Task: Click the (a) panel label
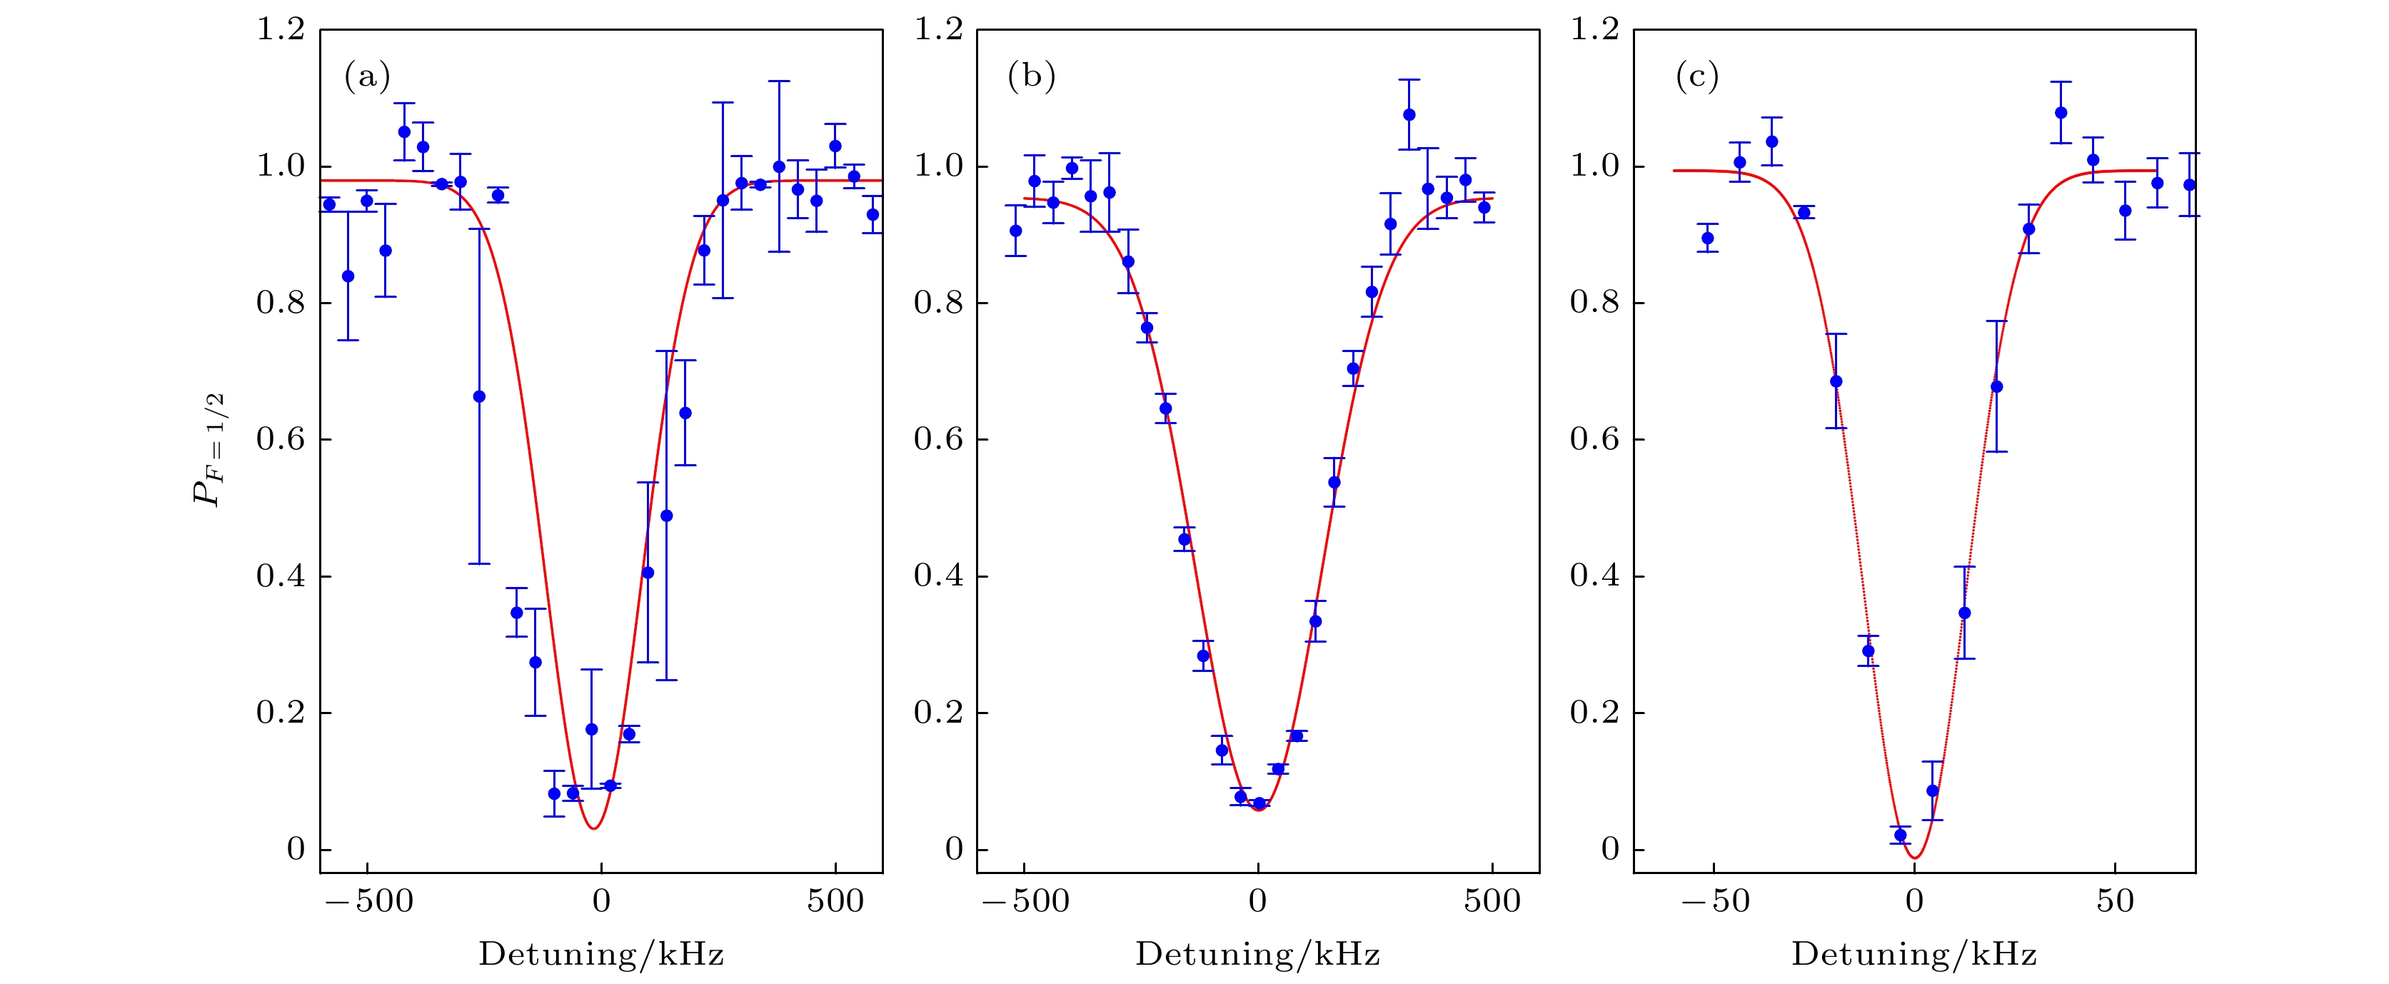pos(367,76)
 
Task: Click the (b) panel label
pos(1031,76)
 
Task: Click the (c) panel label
pos(1696,76)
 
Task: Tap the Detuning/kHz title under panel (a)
pos(601,954)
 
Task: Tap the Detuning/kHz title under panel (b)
pos(1257,954)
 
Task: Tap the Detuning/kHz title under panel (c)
pos(1914,954)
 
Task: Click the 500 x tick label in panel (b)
pos(1492,901)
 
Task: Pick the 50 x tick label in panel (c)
pos(2116,901)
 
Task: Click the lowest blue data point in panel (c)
pos(1900,835)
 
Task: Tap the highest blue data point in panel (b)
pos(1409,115)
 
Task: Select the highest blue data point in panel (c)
pos(2061,113)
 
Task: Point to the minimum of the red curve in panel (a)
pos(593,828)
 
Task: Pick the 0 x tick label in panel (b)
pos(1257,901)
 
